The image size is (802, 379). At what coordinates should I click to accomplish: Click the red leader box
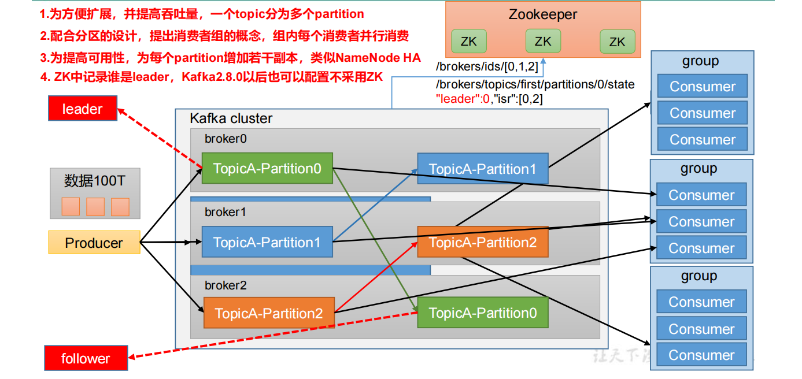(x=83, y=109)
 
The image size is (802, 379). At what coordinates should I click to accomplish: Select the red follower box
(x=86, y=358)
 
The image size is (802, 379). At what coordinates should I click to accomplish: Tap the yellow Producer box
(x=94, y=243)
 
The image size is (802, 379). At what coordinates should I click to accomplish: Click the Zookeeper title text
(x=542, y=14)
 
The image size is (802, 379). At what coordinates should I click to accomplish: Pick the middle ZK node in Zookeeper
(x=543, y=41)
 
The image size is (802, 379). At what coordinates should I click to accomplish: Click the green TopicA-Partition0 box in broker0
(x=267, y=168)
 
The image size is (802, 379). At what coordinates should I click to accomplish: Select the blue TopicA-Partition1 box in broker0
(x=482, y=169)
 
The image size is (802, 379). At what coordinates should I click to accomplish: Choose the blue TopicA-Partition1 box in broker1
(x=267, y=242)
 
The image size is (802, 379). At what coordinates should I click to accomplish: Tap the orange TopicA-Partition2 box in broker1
(x=482, y=242)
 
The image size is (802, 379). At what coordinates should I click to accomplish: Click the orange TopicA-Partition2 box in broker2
(x=268, y=313)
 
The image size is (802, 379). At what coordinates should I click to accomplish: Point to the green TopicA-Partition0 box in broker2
(x=482, y=313)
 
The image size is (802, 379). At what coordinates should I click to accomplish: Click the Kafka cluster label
(x=231, y=118)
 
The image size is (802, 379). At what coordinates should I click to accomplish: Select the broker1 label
(x=226, y=212)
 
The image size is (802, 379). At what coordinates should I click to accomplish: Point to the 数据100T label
(x=94, y=181)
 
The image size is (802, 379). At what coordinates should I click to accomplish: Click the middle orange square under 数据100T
(x=95, y=207)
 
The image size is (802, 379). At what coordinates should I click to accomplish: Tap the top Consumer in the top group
(x=702, y=87)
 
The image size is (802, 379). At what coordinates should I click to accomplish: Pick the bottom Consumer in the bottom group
(x=701, y=355)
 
